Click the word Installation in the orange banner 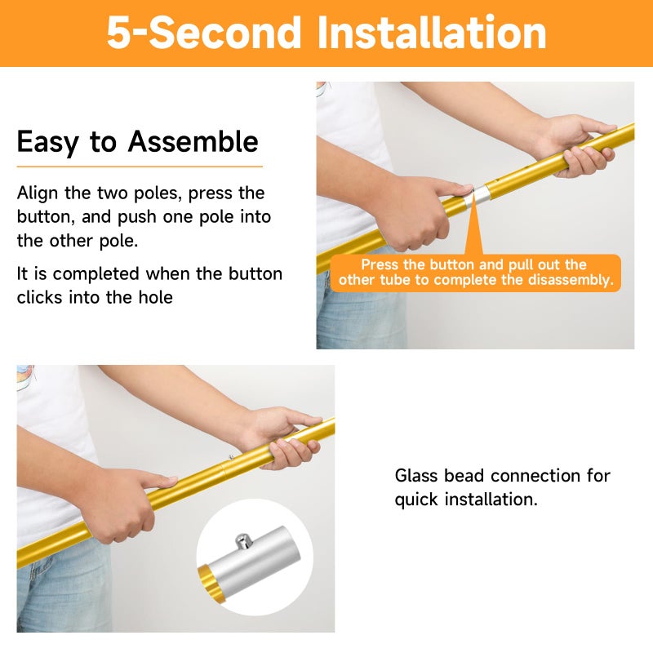[432, 33]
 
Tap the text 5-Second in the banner [204, 33]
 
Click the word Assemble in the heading [193, 141]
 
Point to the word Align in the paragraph [38, 193]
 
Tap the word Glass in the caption [415, 476]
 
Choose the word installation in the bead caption [491, 500]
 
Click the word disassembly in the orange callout [571, 280]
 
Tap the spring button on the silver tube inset [243, 540]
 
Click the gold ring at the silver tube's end [211, 583]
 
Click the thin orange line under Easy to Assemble [140, 167]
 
